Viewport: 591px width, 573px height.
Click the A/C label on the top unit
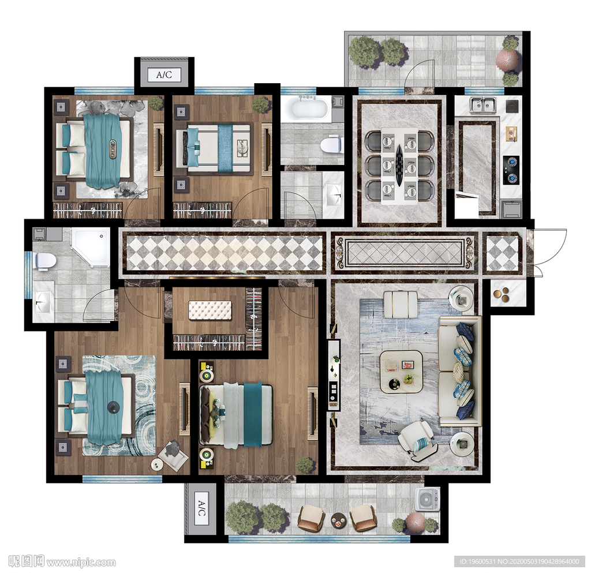[x=164, y=74]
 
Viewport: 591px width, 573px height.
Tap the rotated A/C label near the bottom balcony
[x=201, y=508]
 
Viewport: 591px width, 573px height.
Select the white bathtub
[x=305, y=108]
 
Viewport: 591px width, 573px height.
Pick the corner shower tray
[x=91, y=247]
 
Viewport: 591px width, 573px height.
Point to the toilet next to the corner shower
[x=45, y=261]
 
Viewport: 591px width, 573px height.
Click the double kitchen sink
[x=482, y=104]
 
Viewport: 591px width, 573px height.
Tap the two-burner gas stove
[x=511, y=170]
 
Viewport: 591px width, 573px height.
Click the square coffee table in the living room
[x=401, y=372]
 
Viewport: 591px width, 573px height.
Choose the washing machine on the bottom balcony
[x=427, y=500]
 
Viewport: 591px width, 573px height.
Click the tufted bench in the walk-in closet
[x=210, y=310]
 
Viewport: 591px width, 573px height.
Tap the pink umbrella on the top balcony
[x=507, y=59]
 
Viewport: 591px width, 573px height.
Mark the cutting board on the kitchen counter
[x=511, y=133]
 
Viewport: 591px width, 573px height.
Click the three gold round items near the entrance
[x=503, y=295]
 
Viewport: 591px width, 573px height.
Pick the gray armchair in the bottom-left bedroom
[x=173, y=455]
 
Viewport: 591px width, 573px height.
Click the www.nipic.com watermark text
[x=81, y=563]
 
